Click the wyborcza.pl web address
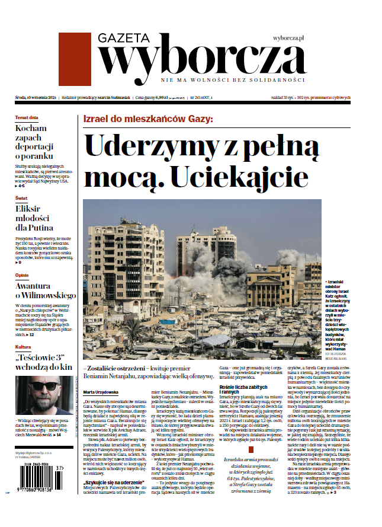288,38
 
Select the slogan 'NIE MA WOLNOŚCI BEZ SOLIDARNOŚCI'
233,80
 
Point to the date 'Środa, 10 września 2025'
36,97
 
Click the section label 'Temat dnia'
27,117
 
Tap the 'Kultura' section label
23,347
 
